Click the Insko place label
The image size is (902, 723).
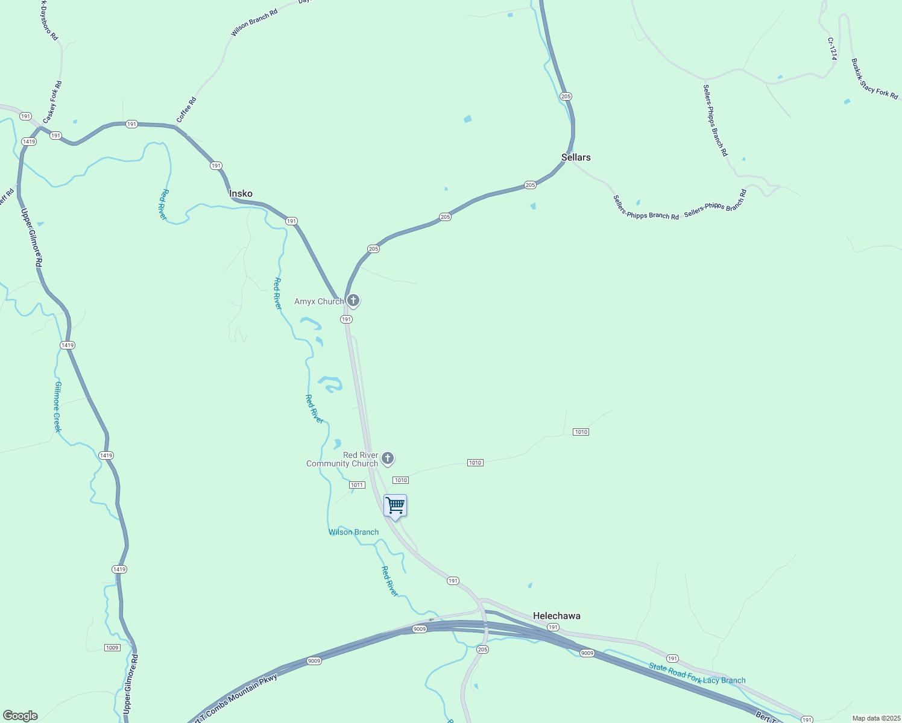pos(241,193)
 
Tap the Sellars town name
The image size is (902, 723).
pos(576,157)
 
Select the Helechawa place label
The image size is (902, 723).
pos(557,616)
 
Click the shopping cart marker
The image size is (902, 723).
pos(395,505)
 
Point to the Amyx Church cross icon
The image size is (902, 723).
pos(353,300)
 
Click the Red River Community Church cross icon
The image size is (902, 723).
pos(388,459)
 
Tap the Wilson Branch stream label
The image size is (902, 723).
pos(353,532)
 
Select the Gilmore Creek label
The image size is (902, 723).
pos(58,407)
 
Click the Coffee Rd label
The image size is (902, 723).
pos(187,110)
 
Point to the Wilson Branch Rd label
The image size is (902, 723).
pos(254,22)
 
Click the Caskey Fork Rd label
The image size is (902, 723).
pos(52,102)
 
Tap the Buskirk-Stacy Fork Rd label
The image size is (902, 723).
pos(874,79)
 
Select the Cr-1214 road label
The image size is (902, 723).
pos(832,49)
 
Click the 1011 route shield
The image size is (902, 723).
pos(357,485)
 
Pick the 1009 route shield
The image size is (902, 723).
pos(112,648)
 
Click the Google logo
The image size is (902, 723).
pos(20,716)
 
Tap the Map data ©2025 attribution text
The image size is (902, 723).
pos(875,718)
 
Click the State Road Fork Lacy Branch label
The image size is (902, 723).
pos(697,674)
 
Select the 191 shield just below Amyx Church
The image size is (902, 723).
pos(346,319)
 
